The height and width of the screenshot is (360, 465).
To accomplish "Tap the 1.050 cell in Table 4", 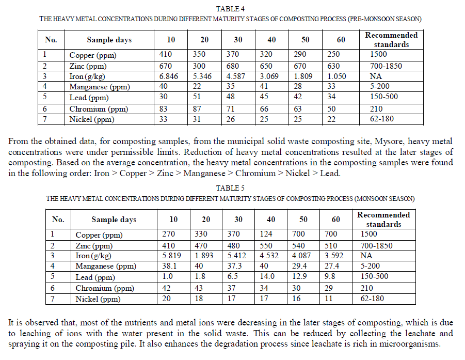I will (x=334, y=76).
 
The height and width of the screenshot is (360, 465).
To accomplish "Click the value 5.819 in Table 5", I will (x=173, y=256).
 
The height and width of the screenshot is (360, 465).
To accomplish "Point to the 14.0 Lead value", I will (x=268, y=276).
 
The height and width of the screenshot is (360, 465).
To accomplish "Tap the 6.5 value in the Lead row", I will (x=233, y=276).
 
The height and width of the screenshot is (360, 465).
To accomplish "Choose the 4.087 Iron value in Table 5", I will (x=303, y=256).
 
